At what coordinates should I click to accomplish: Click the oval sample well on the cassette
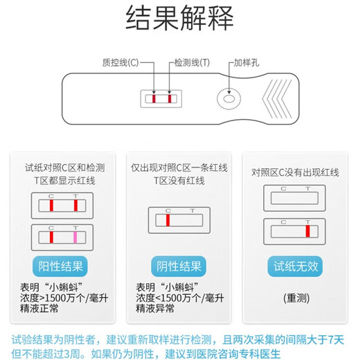228,101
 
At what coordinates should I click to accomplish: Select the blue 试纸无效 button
296,267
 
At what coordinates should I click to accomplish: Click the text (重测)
296,298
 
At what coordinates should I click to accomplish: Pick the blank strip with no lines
296,200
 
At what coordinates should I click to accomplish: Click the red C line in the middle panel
167,220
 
